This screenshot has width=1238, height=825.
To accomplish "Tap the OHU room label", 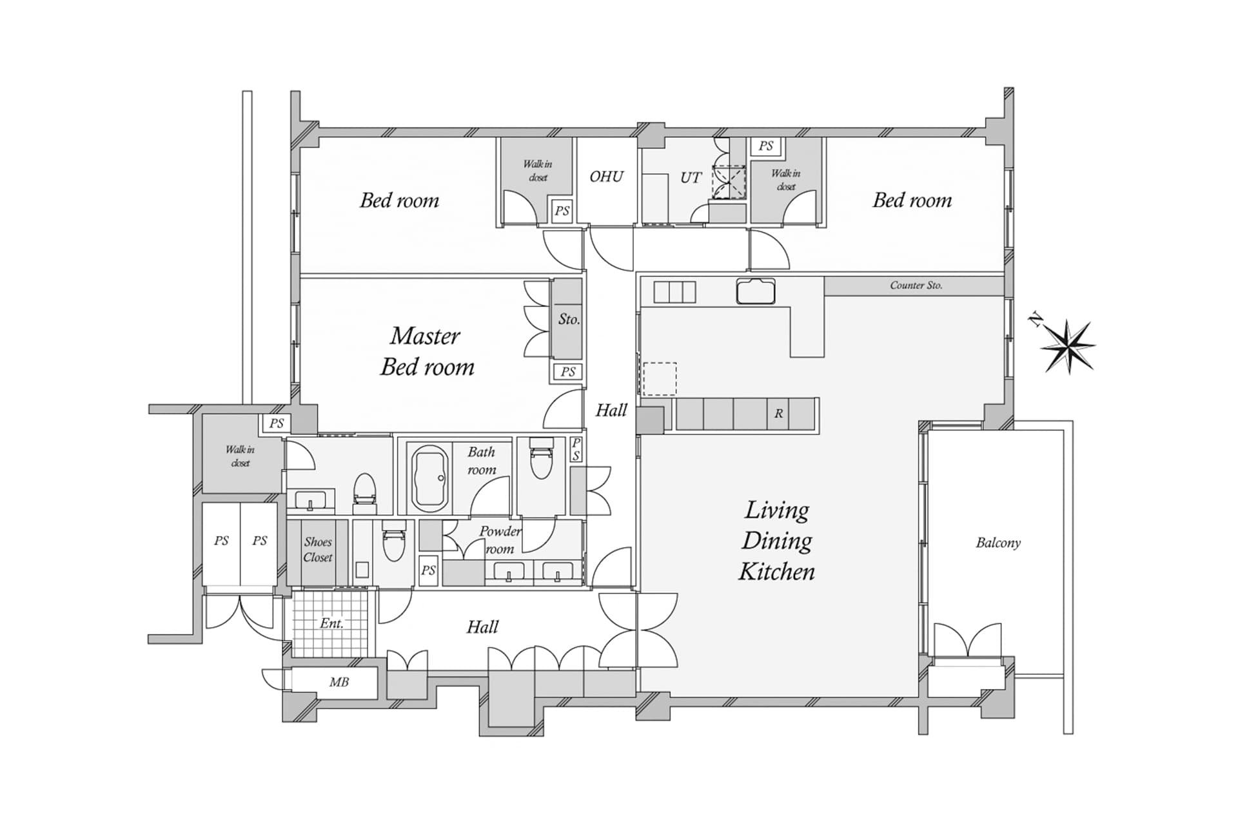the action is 607,177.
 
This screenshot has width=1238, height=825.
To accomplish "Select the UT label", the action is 691,177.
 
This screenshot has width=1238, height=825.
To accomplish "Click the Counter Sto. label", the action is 916,285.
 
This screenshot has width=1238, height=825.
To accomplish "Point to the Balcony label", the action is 998,543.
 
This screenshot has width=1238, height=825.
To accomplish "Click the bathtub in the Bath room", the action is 431,477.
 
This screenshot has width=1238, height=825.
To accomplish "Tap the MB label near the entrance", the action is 339,682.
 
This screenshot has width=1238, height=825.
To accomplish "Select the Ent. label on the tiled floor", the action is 331,623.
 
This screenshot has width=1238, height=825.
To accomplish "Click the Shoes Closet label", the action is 318,550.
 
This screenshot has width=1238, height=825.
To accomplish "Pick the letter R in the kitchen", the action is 778,414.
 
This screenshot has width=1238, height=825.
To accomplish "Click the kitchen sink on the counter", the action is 756,291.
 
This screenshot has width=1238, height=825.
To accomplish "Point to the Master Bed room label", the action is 427,351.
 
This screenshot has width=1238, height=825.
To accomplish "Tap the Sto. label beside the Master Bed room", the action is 569,319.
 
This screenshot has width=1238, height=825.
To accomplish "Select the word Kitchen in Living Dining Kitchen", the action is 777,572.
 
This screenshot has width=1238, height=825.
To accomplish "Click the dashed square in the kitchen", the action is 660,379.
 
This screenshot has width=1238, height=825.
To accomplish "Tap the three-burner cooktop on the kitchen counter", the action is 675,292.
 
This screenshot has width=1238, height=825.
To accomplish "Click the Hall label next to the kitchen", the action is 611,411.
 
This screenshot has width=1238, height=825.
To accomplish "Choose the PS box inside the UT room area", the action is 766,146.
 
